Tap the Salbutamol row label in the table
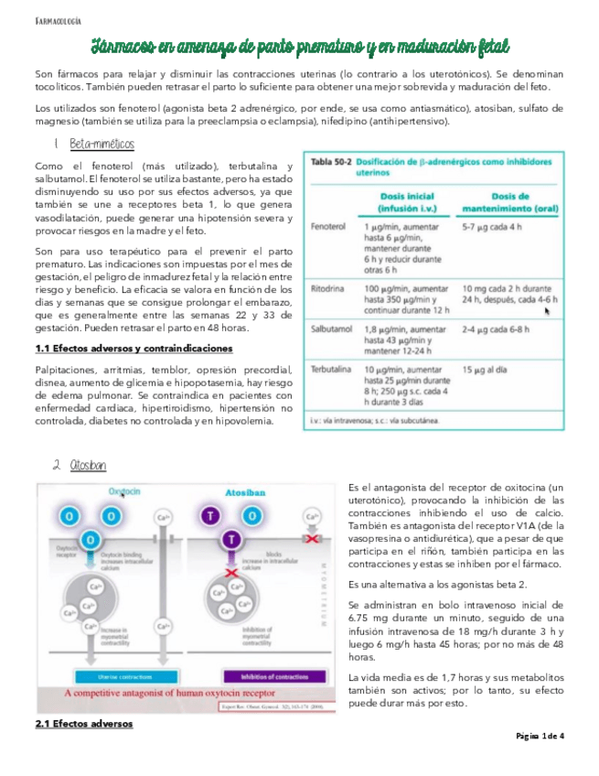(330, 332)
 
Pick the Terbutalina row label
(331, 369)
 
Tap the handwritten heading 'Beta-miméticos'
(102, 145)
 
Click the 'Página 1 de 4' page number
(540, 737)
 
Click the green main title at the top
(299, 46)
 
